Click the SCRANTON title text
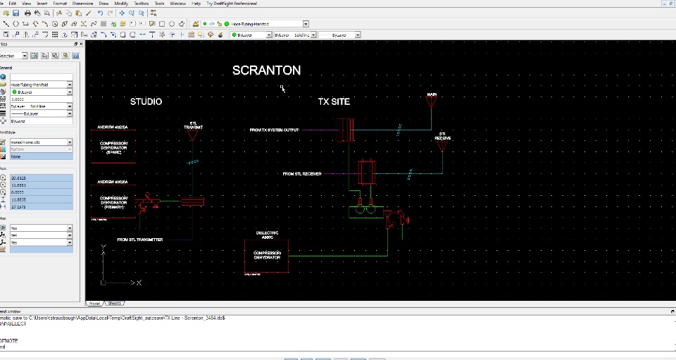click(x=266, y=70)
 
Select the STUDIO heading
click(x=146, y=101)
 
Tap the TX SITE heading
click(x=333, y=101)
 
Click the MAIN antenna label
click(x=432, y=94)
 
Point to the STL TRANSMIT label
click(x=193, y=125)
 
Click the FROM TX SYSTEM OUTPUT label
click(x=275, y=130)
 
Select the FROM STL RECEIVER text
click(x=302, y=173)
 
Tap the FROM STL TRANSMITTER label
click(x=140, y=240)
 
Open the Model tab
click(x=94, y=303)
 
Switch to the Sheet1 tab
click(x=114, y=303)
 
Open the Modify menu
click(x=121, y=4)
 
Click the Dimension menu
click(x=82, y=4)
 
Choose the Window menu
click(x=177, y=4)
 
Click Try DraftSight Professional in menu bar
click(x=231, y=4)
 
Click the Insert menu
click(x=42, y=4)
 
